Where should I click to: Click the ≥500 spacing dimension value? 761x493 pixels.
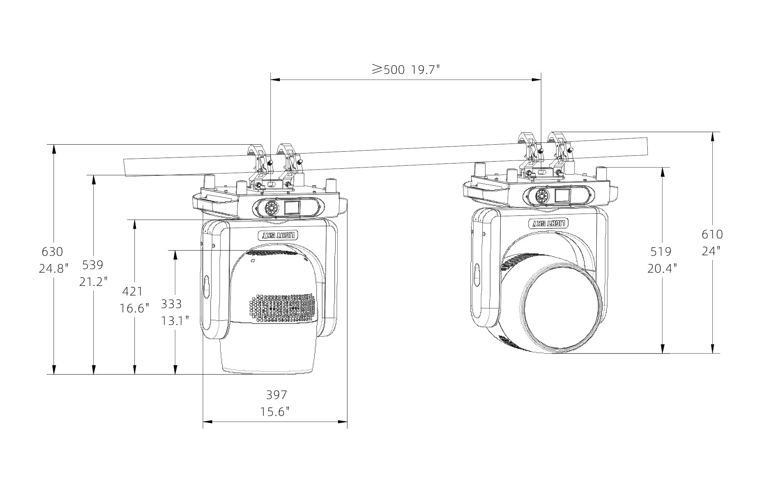388,69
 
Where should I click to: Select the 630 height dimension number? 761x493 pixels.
52,252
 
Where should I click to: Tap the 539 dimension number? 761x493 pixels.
93,265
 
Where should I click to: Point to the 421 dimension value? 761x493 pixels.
132,292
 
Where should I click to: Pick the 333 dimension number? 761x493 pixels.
171,304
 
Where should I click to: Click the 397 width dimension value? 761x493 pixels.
277,395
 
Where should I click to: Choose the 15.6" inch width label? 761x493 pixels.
275,411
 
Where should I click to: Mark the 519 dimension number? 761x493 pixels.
661,252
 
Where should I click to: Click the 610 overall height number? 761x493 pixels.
712,234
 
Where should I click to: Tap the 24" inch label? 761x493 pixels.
711,251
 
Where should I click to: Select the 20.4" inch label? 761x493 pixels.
662,268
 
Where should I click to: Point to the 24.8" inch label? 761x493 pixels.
54,268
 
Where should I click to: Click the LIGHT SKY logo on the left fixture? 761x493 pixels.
277,235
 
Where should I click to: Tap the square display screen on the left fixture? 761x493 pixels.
292,208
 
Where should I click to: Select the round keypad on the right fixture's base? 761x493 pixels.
542,196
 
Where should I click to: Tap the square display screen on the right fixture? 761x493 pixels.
562,195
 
